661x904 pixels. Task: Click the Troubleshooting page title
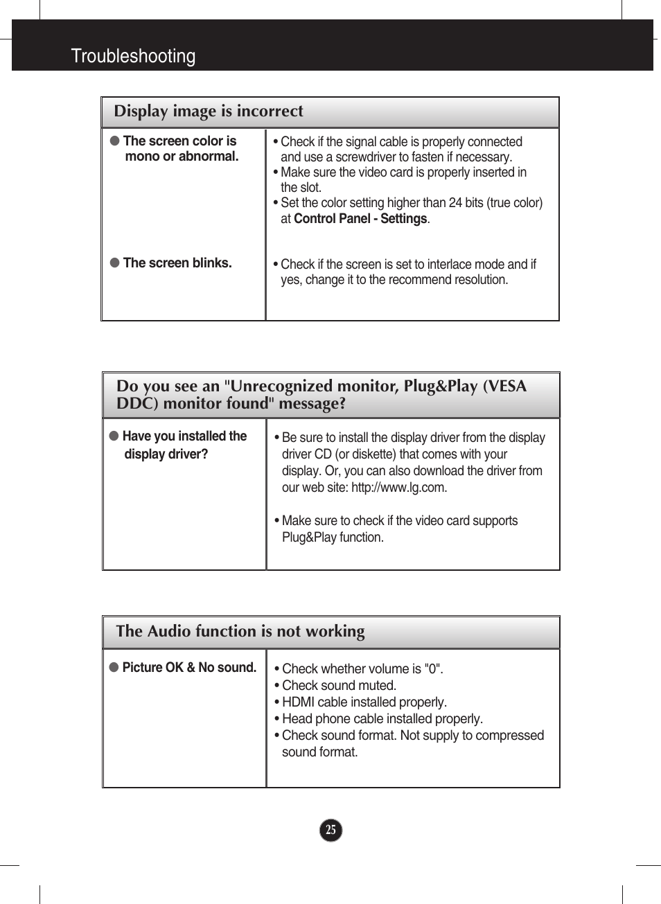[x=133, y=56]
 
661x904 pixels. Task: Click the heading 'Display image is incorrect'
[x=208, y=112]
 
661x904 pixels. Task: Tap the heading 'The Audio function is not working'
[x=240, y=631]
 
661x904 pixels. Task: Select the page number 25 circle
[x=331, y=830]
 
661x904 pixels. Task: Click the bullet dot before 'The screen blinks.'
[x=115, y=263]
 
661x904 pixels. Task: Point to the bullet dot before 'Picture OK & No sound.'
[x=114, y=667]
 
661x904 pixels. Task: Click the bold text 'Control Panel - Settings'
[x=360, y=219]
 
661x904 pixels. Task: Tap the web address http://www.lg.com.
[x=398, y=488]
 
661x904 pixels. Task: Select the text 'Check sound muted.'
[x=339, y=685]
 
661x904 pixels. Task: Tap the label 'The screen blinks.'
[x=177, y=263]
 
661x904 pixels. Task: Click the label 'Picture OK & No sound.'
[x=189, y=667]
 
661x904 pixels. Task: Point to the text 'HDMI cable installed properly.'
[x=364, y=702]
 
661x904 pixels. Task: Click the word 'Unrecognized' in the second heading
[x=282, y=386]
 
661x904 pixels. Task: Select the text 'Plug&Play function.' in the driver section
[x=333, y=538]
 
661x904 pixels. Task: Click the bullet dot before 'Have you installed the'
[x=114, y=436]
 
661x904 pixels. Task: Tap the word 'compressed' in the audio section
[x=509, y=735]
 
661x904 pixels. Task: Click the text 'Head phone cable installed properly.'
[x=382, y=718]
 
